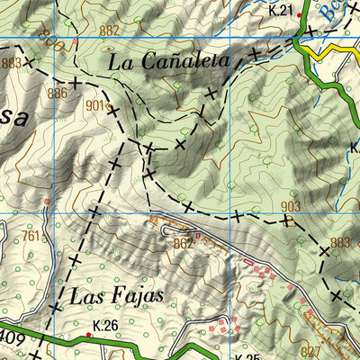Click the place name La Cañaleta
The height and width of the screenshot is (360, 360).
168,62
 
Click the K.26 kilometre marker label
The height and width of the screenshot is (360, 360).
105,325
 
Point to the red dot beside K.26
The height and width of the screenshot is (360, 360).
88,335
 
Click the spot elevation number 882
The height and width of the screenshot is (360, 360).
109,31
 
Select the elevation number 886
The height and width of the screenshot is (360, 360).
58,93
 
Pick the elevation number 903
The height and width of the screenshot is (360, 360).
291,207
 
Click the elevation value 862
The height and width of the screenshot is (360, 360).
184,242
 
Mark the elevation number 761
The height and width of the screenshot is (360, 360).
31,237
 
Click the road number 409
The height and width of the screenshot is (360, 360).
11,338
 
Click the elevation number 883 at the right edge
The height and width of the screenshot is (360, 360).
340,242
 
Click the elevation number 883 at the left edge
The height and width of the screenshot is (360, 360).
12,63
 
